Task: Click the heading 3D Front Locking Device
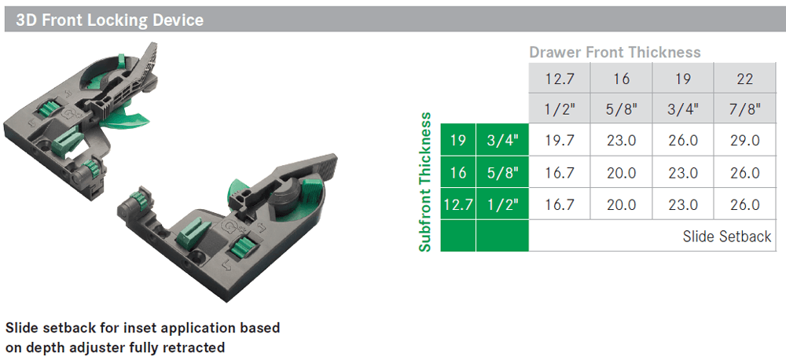(109, 20)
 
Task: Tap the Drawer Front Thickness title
(614, 53)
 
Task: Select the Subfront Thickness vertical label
(425, 182)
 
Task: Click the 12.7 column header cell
(560, 79)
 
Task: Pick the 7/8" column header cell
(744, 109)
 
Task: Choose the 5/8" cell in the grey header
(621, 109)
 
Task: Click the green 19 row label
(458, 141)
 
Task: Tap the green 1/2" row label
(502, 204)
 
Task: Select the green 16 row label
(458, 173)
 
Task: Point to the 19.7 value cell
(560, 141)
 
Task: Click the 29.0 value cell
(744, 141)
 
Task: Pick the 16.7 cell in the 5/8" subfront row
(560, 173)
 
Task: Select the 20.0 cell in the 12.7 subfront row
(621, 204)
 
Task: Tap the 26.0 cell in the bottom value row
(744, 204)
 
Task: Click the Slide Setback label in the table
(726, 236)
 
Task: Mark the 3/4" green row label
(502, 141)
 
